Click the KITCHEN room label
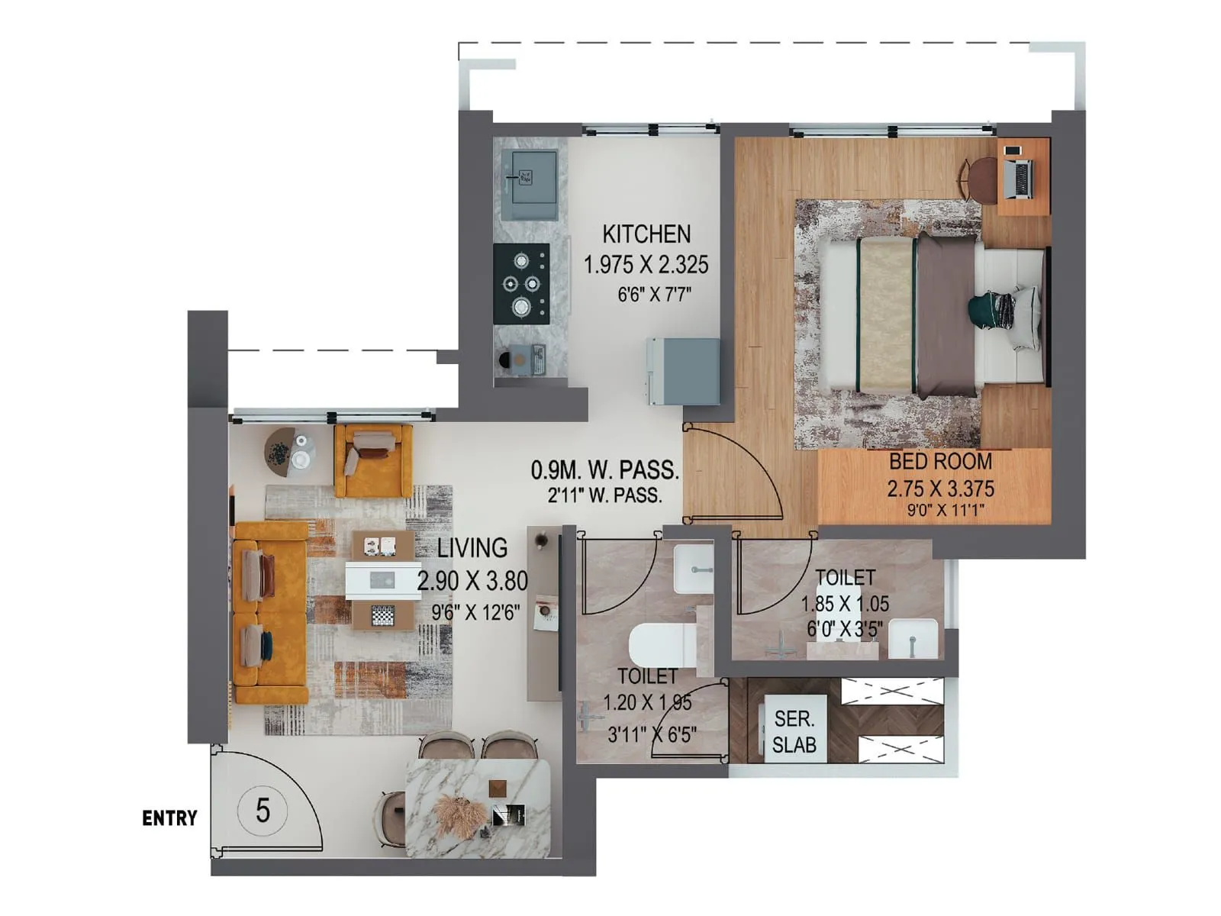[646, 234]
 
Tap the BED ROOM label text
[940, 461]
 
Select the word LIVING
[472, 547]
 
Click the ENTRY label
[169, 818]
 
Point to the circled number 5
[263, 810]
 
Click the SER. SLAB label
[794, 731]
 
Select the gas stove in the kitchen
[521, 284]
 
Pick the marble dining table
[478, 808]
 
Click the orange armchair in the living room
[373, 460]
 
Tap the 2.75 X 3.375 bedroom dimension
[940, 489]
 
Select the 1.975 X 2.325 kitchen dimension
[646, 265]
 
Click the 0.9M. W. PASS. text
[604, 469]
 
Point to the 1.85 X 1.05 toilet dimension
[845, 604]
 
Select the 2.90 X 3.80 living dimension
[472, 581]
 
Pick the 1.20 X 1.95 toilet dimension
[647, 702]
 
